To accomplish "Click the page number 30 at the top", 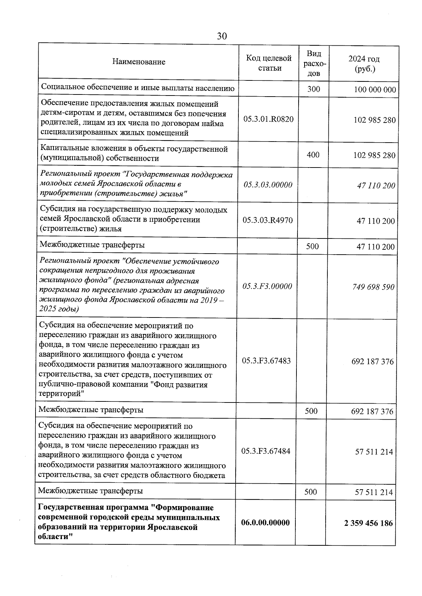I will pyautogui.click(x=222, y=36).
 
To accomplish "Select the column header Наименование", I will pyautogui.click(x=139, y=62).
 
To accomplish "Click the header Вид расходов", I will pyautogui.click(x=314, y=63).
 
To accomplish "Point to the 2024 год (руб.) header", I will pyautogui.click(x=364, y=64).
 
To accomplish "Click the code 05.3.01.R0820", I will pyautogui.click(x=268, y=119).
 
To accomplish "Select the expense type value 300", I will pyautogui.click(x=314, y=89).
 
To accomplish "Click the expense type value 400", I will pyautogui.click(x=313, y=155).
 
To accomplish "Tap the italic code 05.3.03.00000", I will pyautogui.click(x=268, y=185).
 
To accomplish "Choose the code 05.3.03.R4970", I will pyautogui.click(x=268, y=220).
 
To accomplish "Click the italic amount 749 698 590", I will pyautogui.click(x=373, y=287).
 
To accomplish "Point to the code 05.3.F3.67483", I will pyautogui.click(x=267, y=361).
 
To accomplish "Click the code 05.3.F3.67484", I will pyautogui.click(x=266, y=451).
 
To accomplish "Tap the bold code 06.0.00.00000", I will pyautogui.click(x=266, y=523).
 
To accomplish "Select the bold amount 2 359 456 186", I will pyautogui.click(x=369, y=523).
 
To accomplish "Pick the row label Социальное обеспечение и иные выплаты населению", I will pyautogui.click(x=138, y=88).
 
